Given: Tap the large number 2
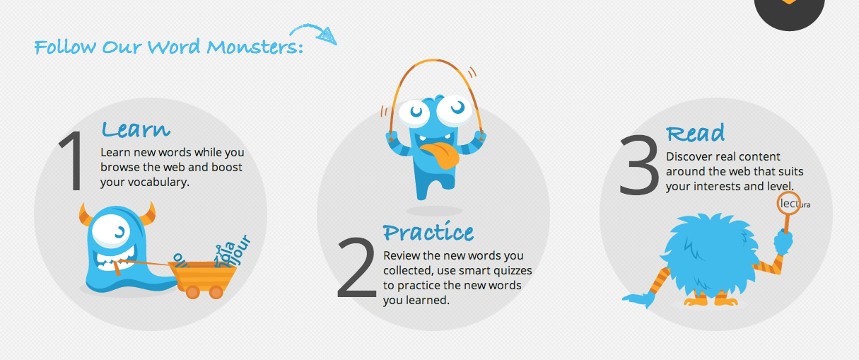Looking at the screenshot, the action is (356, 267).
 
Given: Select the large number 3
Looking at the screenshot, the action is (638, 164).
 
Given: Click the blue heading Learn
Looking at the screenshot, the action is (136, 129).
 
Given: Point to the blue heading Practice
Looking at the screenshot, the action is (428, 231).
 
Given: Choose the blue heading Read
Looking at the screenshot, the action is (695, 133).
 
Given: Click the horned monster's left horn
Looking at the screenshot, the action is (86, 215).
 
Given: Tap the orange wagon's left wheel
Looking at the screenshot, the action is (192, 292).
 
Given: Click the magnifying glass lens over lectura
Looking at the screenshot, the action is (789, 204).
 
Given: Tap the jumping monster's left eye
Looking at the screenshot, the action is (414, 111).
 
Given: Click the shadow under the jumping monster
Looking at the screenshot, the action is (434, 211).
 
